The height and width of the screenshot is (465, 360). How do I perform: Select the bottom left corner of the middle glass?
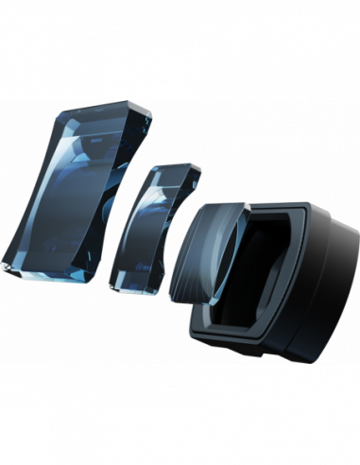point(111,284)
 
